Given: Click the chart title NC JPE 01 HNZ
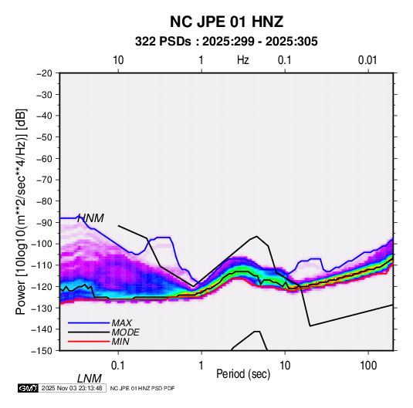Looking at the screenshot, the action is click(x=226, y=22).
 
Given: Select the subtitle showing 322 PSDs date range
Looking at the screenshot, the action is click(x=226, y=42).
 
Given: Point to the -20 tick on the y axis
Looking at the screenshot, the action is click(x=44, y=73).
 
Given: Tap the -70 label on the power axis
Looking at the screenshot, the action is click(x=44, y=180).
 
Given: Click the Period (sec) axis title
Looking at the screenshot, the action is click(x=243, y=374).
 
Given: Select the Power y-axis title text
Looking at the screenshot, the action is click(x=21, y=211).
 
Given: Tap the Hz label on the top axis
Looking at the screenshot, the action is click(x=243, y=60).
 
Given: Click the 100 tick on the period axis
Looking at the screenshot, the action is click(x=368, y=366).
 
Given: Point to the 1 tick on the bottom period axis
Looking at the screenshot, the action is click(x=201, y=366).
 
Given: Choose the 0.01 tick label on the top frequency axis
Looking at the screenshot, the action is click(x=367, y=60).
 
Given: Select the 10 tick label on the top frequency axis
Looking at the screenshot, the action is click(x=118, y=60).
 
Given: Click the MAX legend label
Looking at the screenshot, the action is click(x=121, y=323).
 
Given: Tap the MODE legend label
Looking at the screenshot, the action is click(x=125, y=332).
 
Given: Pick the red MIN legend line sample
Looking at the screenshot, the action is click(x=89, y=342).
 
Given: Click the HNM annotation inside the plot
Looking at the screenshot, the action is click(x=90, y=218).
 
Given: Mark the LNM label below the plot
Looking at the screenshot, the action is click(x=90, y=379).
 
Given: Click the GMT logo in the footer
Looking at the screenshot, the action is click(x=28, y=388).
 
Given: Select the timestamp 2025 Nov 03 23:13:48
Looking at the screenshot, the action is click(x=72, y=388).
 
